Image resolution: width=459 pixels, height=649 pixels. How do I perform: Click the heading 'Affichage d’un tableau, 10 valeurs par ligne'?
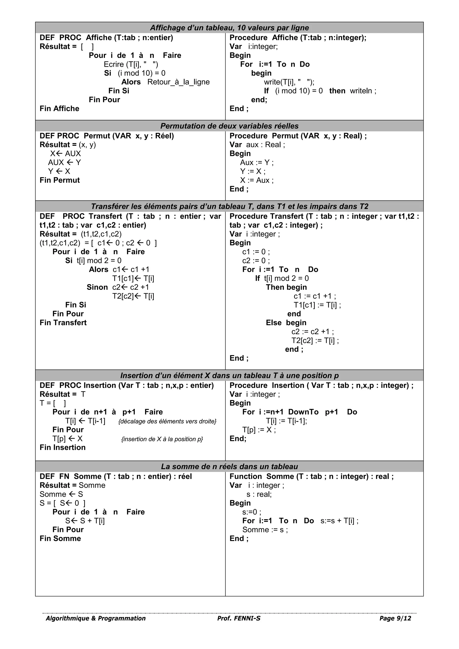click(229, 28)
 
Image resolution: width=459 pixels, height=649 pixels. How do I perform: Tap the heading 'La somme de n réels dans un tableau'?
click(229, 466)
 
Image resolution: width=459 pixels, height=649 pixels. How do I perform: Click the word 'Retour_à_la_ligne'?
click(178, 82)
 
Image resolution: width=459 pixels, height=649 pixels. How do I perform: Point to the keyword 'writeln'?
click(361, 91)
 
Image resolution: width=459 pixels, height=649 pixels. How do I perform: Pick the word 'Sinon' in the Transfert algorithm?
click(97, 287)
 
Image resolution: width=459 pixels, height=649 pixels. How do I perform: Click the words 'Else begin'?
click(286, 322)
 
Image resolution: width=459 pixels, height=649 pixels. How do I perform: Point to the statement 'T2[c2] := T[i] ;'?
click(315, 340)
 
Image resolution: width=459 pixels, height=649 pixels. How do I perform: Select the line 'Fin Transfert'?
click(63, 322)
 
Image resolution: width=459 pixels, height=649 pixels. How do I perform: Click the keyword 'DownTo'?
click(303, 412)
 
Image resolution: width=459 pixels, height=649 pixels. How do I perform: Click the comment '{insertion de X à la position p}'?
click(162, 439)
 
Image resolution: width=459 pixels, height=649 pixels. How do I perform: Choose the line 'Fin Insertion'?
click(63, 448)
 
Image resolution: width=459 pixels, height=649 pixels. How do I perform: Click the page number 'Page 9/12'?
click(395, 618)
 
